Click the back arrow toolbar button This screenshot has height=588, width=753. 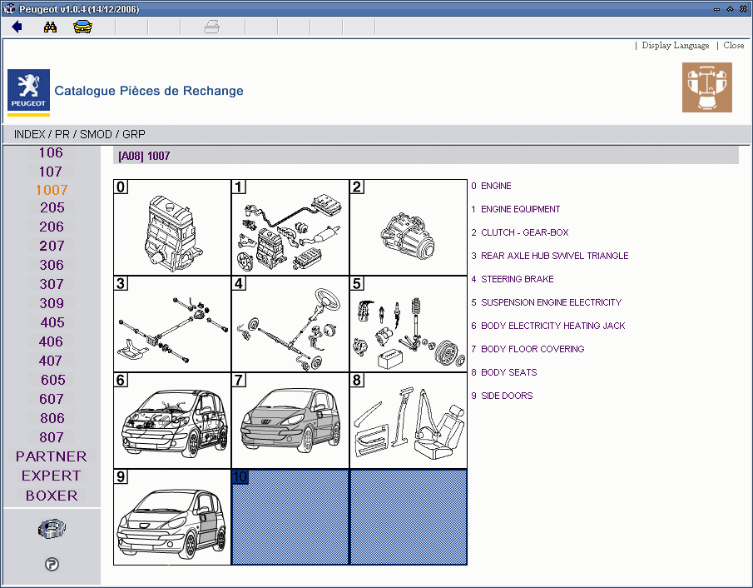(17, 27)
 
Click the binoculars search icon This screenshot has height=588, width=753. (50, 27)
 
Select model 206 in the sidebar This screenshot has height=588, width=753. (52, 227)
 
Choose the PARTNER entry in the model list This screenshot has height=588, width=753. (52, 456)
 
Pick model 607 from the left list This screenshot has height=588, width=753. (52, 399)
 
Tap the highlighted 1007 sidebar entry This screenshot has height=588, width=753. (52, 190)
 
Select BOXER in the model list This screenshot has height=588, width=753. (52, 496)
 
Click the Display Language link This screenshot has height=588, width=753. (675, 46)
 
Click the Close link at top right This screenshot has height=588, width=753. (733, 46)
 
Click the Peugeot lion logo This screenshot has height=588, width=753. (28, 89)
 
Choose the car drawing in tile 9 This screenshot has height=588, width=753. (172, 518)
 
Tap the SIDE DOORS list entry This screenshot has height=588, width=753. (507, 396)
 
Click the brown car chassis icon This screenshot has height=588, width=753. (706, 87)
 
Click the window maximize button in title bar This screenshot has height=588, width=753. (730, 8)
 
